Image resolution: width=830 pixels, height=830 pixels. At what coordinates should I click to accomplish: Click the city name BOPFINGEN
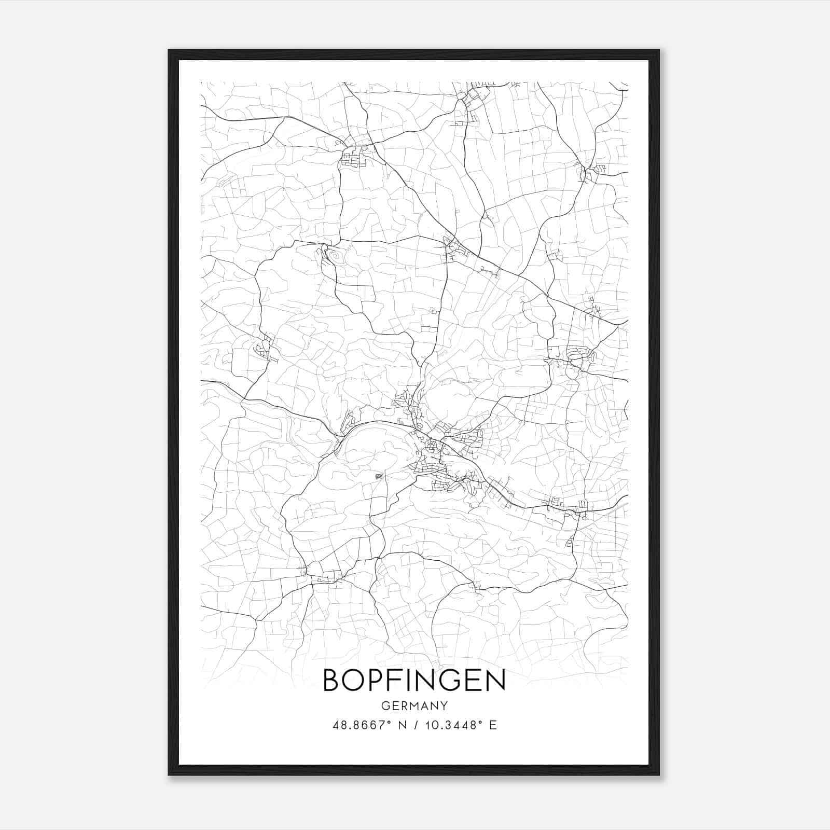pos(414,680)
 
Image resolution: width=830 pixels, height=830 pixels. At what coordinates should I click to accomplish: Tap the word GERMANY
pos(414,706)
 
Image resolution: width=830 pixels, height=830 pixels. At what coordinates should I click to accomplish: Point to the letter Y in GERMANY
pos(444,706)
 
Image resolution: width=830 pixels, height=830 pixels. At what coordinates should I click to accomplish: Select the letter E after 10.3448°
pos(493,725)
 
